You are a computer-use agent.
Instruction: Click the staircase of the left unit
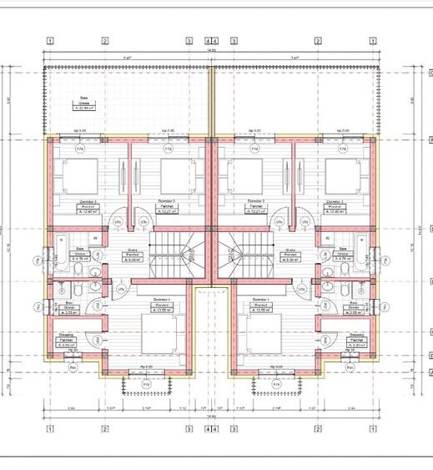[x=172, y=254]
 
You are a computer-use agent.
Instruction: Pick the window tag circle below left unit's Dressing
[x=73, y=364]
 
